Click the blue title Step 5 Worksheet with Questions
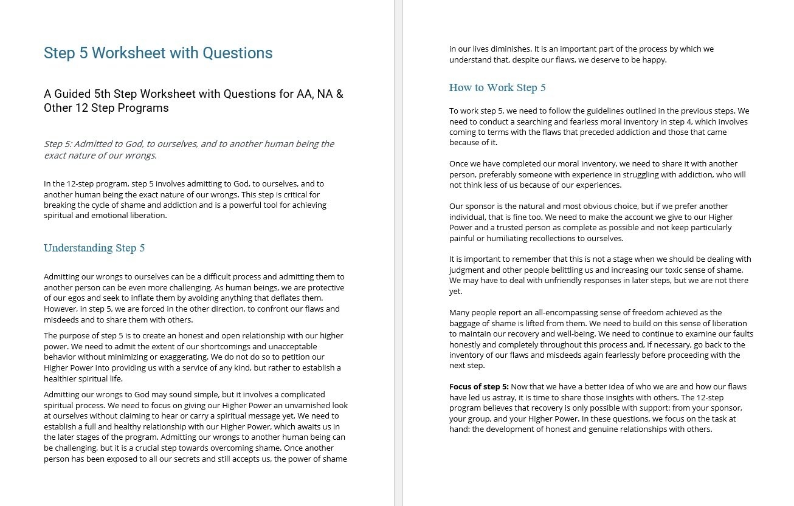[158, 53]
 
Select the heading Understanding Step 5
[94, 248]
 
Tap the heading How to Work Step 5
[497, 87]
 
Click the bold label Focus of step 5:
[479, 386]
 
